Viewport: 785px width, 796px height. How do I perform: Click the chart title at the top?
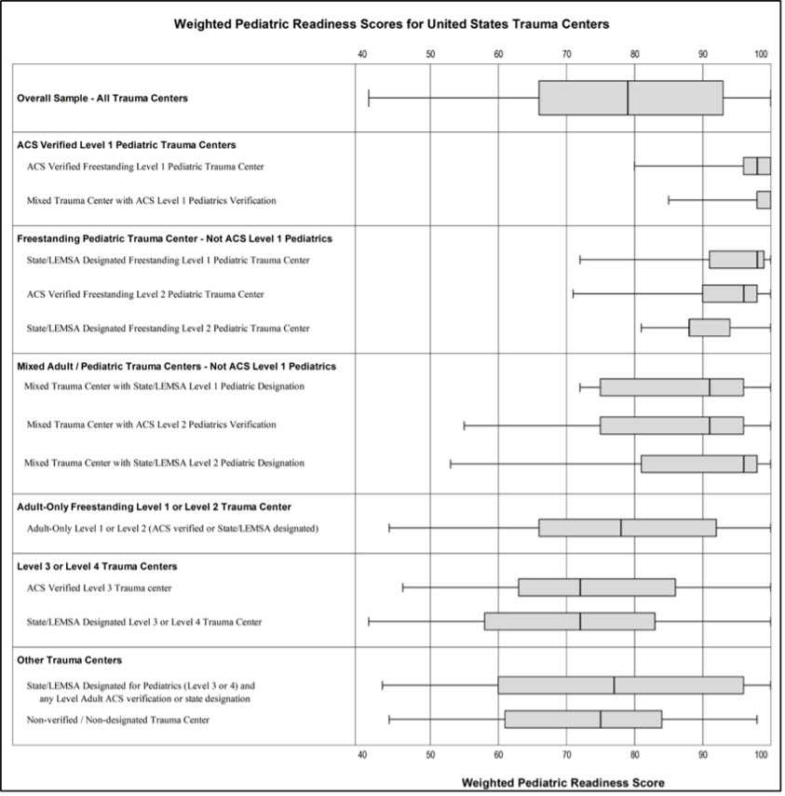[392, 24]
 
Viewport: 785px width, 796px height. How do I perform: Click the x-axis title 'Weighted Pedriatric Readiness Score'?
[563, 783]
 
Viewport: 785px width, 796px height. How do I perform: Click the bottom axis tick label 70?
[566, 756]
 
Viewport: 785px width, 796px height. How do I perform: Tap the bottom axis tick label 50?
[430, 756]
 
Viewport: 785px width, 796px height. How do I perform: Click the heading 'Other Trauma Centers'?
[69, 660]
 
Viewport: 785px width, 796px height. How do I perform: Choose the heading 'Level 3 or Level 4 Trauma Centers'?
[97, 566]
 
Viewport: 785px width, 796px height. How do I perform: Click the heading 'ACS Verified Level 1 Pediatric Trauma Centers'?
[126, 145]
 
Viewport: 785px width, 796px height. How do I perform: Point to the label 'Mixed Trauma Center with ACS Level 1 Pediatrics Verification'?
[151, 200]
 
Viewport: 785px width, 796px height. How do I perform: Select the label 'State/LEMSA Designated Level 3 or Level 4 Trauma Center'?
[144, 622]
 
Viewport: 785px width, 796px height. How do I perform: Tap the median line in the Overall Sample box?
[628, 98]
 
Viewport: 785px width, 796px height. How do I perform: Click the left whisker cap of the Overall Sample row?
[369, 98]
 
